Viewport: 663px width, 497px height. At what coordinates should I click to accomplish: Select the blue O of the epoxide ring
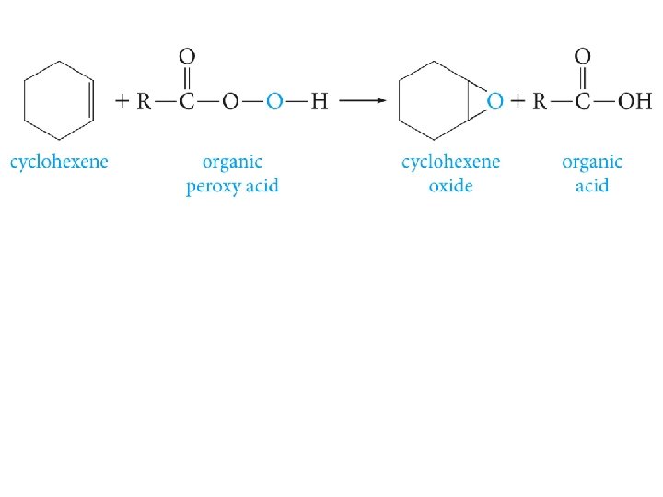[495, 101]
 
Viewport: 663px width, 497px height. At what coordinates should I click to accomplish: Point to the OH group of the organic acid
[634, 101]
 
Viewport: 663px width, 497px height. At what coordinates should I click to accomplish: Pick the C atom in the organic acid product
[582, 101]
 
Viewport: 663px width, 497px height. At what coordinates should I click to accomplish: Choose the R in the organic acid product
[541, 101]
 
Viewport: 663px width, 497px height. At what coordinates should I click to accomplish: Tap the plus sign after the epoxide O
[518, 101]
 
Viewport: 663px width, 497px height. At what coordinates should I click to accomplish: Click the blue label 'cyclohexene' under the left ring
[59, 163]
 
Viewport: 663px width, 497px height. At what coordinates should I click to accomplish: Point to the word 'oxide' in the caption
[450, 186]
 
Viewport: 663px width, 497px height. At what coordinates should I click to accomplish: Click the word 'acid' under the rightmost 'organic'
[591, 186]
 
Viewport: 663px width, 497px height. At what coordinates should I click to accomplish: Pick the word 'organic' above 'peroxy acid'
[232, 163]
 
